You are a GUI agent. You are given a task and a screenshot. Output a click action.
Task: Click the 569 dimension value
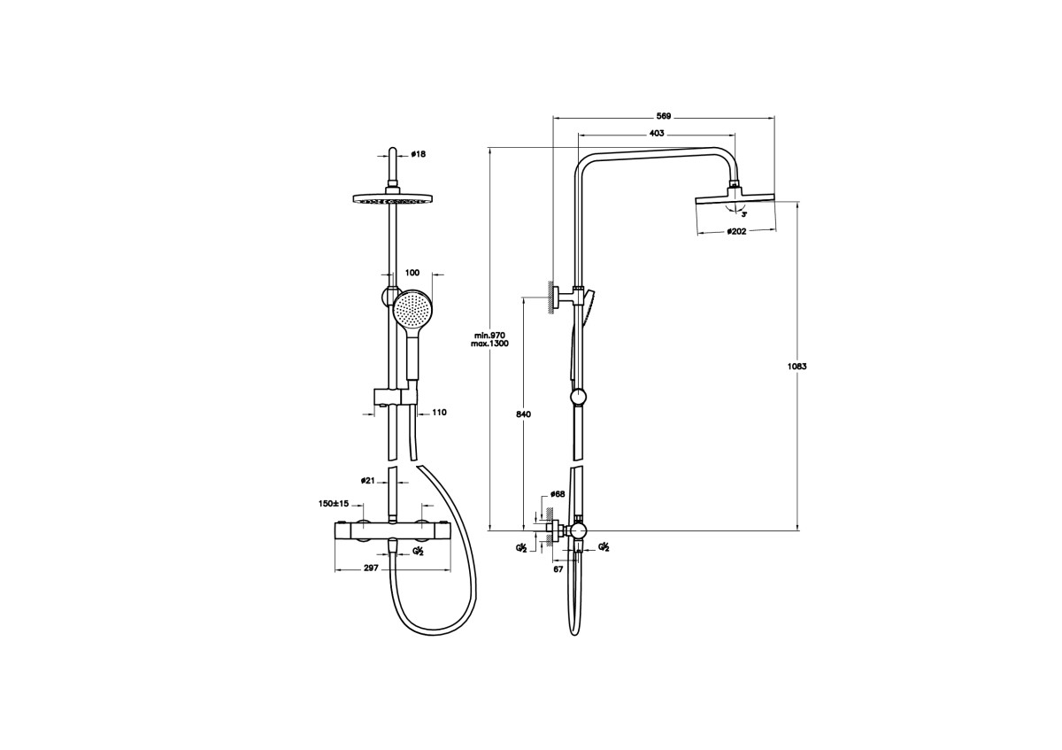663,116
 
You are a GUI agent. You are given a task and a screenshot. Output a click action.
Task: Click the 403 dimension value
656,134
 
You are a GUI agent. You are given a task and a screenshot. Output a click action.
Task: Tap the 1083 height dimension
797,367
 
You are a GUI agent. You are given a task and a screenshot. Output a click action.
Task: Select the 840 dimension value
523,414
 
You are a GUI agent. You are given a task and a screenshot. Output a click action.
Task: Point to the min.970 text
489,336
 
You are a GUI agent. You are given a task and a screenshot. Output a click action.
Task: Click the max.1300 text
489,344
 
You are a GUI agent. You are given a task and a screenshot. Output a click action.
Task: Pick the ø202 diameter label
736,231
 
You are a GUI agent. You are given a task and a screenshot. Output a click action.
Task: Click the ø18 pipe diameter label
418,154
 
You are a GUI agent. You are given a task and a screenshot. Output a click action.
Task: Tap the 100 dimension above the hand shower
412,273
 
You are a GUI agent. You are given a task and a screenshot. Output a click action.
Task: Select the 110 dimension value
439,413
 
